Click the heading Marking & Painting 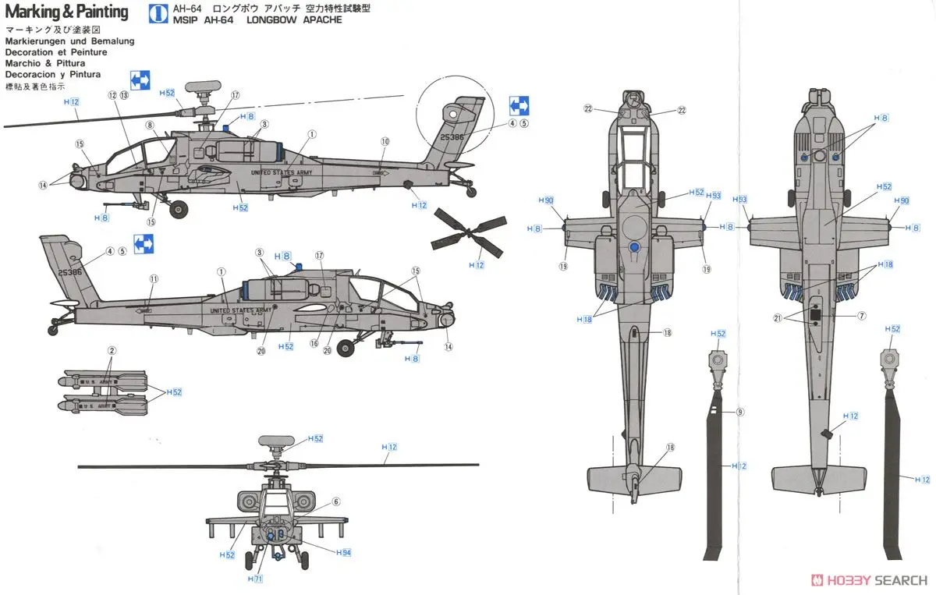tap(66, 12)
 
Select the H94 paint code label tap(343, 552)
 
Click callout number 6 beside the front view tap(336, 501)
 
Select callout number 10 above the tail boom tap(385, 141)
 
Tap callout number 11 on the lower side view tap(154, 278)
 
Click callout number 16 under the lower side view tap(314, 342)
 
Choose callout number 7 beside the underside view tap(862, 316)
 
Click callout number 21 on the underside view tap(777, 317)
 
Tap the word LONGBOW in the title tap(254, 20)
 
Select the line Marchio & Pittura tap(44, 63)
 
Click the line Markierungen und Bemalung tap(69, 41)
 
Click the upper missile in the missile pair tap(105, 381)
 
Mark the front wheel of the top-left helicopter tap(179, 208)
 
